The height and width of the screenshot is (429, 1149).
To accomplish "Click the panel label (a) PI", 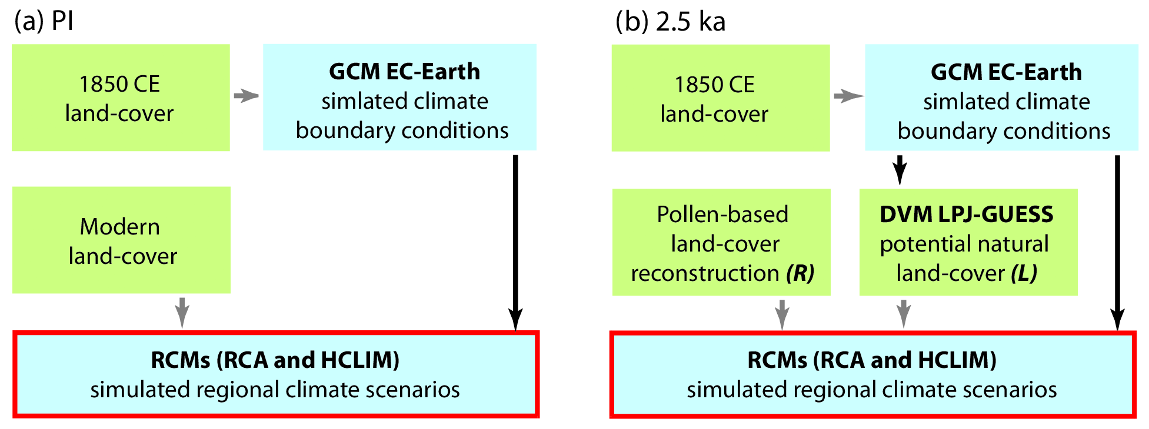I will pos(44,22).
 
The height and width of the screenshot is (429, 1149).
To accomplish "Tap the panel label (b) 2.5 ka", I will pos(670,22).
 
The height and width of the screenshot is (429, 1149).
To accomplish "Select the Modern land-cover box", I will pos(121,240).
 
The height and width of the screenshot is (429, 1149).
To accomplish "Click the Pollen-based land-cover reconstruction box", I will pos(721,242).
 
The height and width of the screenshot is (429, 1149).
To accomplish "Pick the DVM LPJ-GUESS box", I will pos(968,242).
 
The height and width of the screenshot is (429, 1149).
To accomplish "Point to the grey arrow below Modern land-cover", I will pos(182,312).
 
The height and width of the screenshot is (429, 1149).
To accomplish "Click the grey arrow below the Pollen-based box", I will pos(782,314).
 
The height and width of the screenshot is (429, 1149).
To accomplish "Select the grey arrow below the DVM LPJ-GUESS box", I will pos(904,314).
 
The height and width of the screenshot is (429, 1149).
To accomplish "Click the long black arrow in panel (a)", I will pos(515,241).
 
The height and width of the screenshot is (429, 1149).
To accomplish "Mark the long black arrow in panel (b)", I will pos(1117,241).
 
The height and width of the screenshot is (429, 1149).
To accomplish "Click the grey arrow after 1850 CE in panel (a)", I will pos(246,96).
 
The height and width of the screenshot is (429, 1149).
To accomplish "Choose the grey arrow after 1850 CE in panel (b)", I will pos(848,96).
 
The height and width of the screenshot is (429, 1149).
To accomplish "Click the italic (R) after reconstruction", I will pos(800,273).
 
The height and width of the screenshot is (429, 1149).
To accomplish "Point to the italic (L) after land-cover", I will pos(1024,273).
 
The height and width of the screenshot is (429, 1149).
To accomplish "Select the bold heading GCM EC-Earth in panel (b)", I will pos(1006,72).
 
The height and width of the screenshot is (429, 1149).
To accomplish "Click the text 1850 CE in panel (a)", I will pos(119,84).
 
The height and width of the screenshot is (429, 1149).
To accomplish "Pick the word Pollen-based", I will pos(722,214).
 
